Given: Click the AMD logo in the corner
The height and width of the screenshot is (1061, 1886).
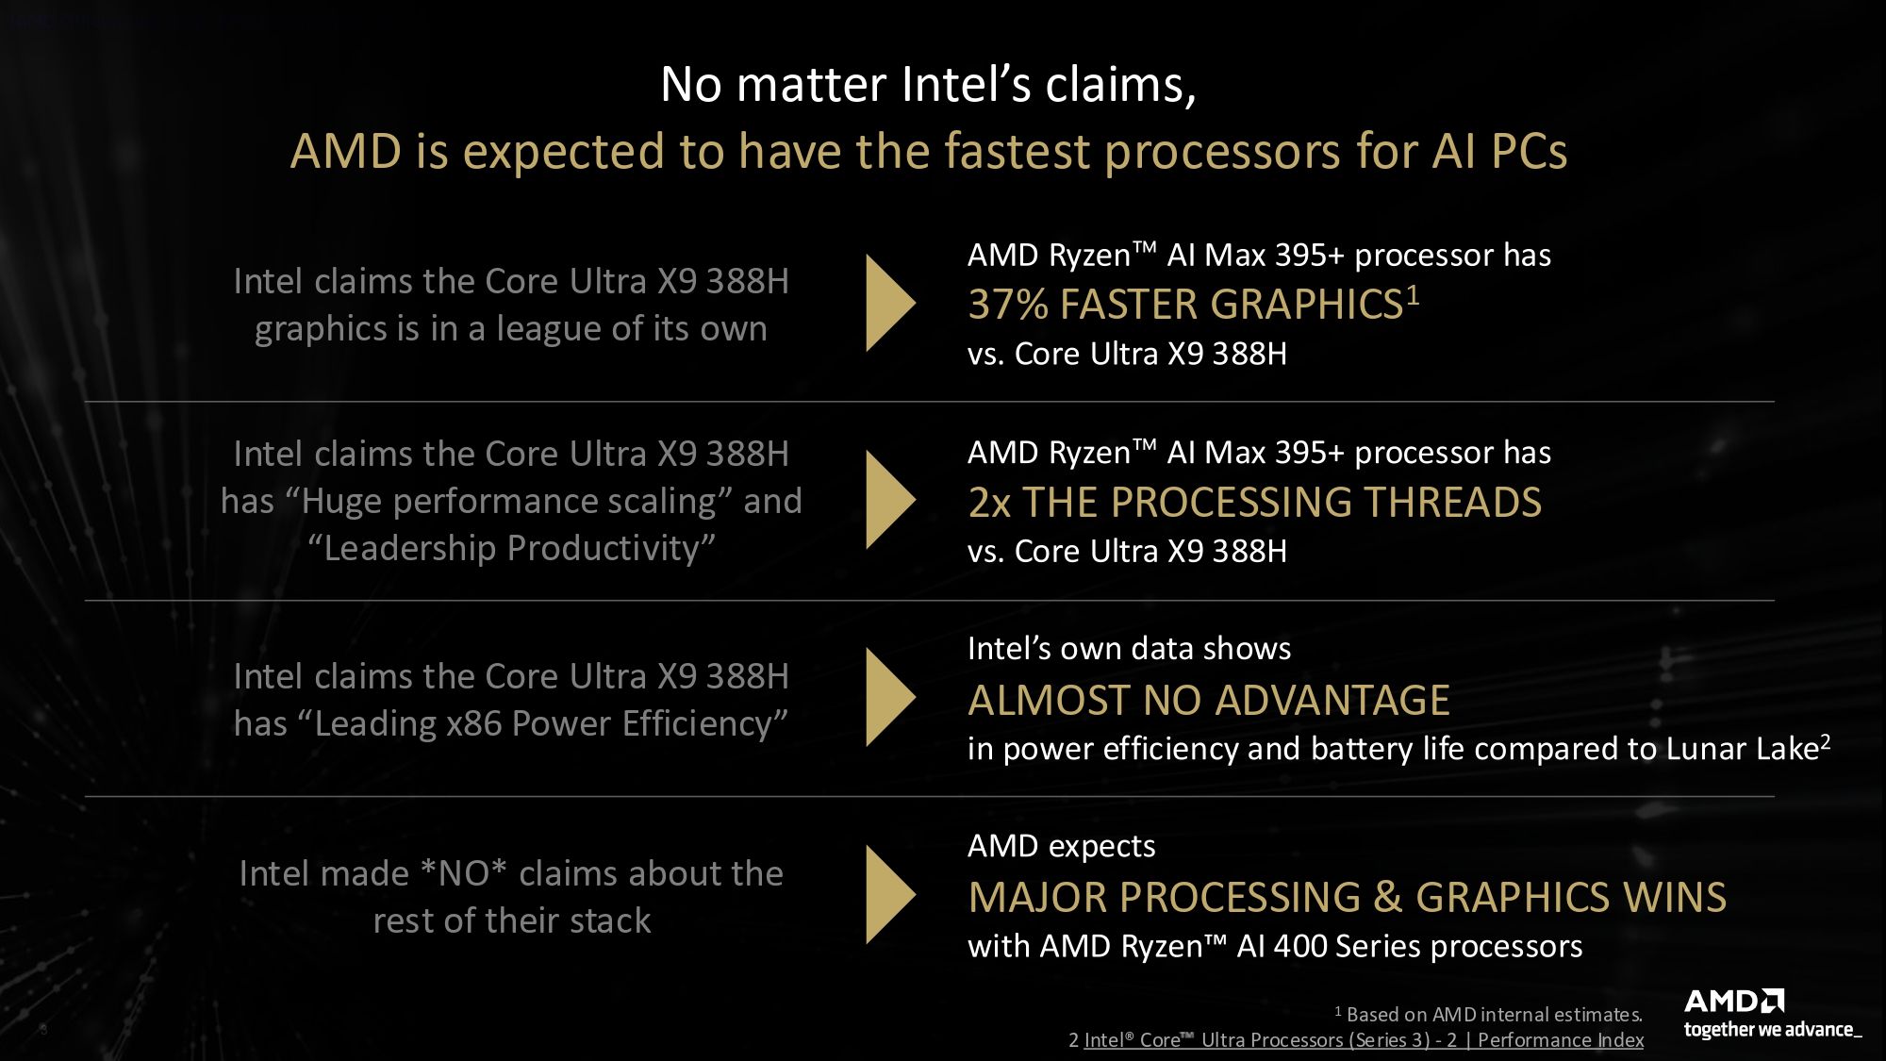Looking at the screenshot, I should (1733, 1001).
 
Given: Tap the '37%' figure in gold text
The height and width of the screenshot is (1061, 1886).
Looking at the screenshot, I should (1007, 305).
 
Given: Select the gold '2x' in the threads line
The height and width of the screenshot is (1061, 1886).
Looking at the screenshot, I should (989, 503).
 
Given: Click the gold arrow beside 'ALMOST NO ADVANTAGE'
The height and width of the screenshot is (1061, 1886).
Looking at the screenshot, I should (888, 697).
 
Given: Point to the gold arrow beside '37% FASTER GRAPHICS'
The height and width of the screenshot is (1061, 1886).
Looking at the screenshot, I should (888, 303).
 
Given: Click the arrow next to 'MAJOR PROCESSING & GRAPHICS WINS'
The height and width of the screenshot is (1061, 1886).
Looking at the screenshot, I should (888, 894).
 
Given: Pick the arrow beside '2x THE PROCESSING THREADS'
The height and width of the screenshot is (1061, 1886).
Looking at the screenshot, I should (888, 500).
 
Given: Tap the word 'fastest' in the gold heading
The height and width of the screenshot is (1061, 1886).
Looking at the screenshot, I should (1017, 152).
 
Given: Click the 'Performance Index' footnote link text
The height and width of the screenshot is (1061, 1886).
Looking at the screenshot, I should (1560, 1039).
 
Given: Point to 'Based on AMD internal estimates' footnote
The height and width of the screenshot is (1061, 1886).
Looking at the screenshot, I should (1494, 1015).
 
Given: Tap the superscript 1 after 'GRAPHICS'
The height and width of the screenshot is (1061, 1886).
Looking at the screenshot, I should (1413, 295).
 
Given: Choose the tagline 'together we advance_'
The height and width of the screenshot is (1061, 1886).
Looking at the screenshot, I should (1772, 1030).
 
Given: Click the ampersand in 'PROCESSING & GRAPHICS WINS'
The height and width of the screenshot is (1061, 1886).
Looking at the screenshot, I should (1386, 897).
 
